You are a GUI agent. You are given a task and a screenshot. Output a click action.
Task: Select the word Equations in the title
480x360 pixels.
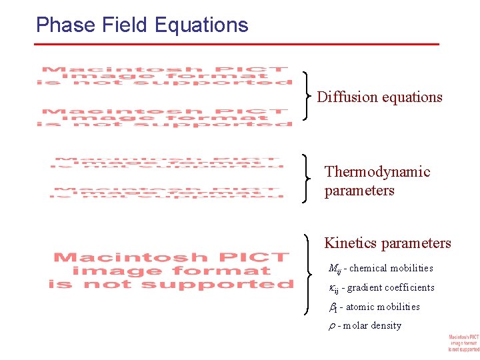click(201, 25)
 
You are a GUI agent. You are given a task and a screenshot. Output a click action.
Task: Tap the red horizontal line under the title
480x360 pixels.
click(237, 44)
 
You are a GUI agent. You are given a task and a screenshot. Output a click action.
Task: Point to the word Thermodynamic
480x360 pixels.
click(377, 172)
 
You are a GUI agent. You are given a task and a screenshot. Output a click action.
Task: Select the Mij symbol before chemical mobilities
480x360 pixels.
click(335, 269)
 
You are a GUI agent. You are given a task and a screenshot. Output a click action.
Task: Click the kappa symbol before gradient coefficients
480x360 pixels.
click(334, 288)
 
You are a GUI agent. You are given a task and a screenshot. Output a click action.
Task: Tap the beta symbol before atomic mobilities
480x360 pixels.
click(334, 307)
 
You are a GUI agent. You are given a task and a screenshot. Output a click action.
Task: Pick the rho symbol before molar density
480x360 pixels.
click(331, 326)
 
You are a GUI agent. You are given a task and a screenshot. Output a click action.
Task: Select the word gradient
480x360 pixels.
click(365, 288)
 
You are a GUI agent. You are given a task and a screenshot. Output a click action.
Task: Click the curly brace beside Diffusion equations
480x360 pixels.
click(307, 96)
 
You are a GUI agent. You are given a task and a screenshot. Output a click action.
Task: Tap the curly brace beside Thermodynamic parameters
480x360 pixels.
click(307, 178)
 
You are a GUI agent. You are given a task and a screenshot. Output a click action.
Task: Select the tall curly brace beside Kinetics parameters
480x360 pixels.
click(307, 274)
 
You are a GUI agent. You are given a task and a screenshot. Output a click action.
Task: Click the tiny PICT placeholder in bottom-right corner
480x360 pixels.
click(463, 343)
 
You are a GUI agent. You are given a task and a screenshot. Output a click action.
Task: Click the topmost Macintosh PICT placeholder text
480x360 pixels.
click(165, 75)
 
